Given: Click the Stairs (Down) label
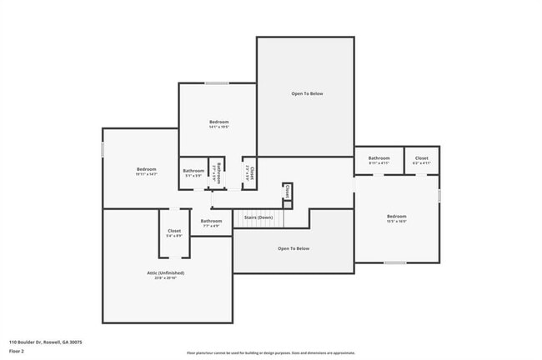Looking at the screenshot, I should pos(258,217).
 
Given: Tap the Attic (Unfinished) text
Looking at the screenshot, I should pos(168,272).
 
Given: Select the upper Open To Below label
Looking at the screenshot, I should pos(307,93).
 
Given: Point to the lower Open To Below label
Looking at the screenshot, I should pos(294,248).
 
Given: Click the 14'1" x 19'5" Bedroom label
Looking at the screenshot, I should pos(218,122).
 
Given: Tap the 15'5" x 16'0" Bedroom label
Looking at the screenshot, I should pos(396,216).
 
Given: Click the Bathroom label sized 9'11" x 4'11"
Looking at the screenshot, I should pos(379,157).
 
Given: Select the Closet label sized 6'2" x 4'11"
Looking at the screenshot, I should pos(422,157).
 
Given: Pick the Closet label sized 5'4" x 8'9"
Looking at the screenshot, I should pos(174,231).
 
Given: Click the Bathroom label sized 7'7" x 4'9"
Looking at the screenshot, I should pos(211,221).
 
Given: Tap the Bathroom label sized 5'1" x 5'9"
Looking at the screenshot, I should pos(193,171).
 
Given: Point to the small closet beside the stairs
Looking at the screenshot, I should pos(287,192).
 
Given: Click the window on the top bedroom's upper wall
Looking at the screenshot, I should pos(218,82).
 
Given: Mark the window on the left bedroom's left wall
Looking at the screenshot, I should pos(103,149).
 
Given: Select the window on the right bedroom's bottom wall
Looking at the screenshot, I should pos(395,262).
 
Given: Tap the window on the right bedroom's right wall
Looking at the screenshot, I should pos(439,195).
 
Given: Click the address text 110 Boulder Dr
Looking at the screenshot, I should pos(46,342).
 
